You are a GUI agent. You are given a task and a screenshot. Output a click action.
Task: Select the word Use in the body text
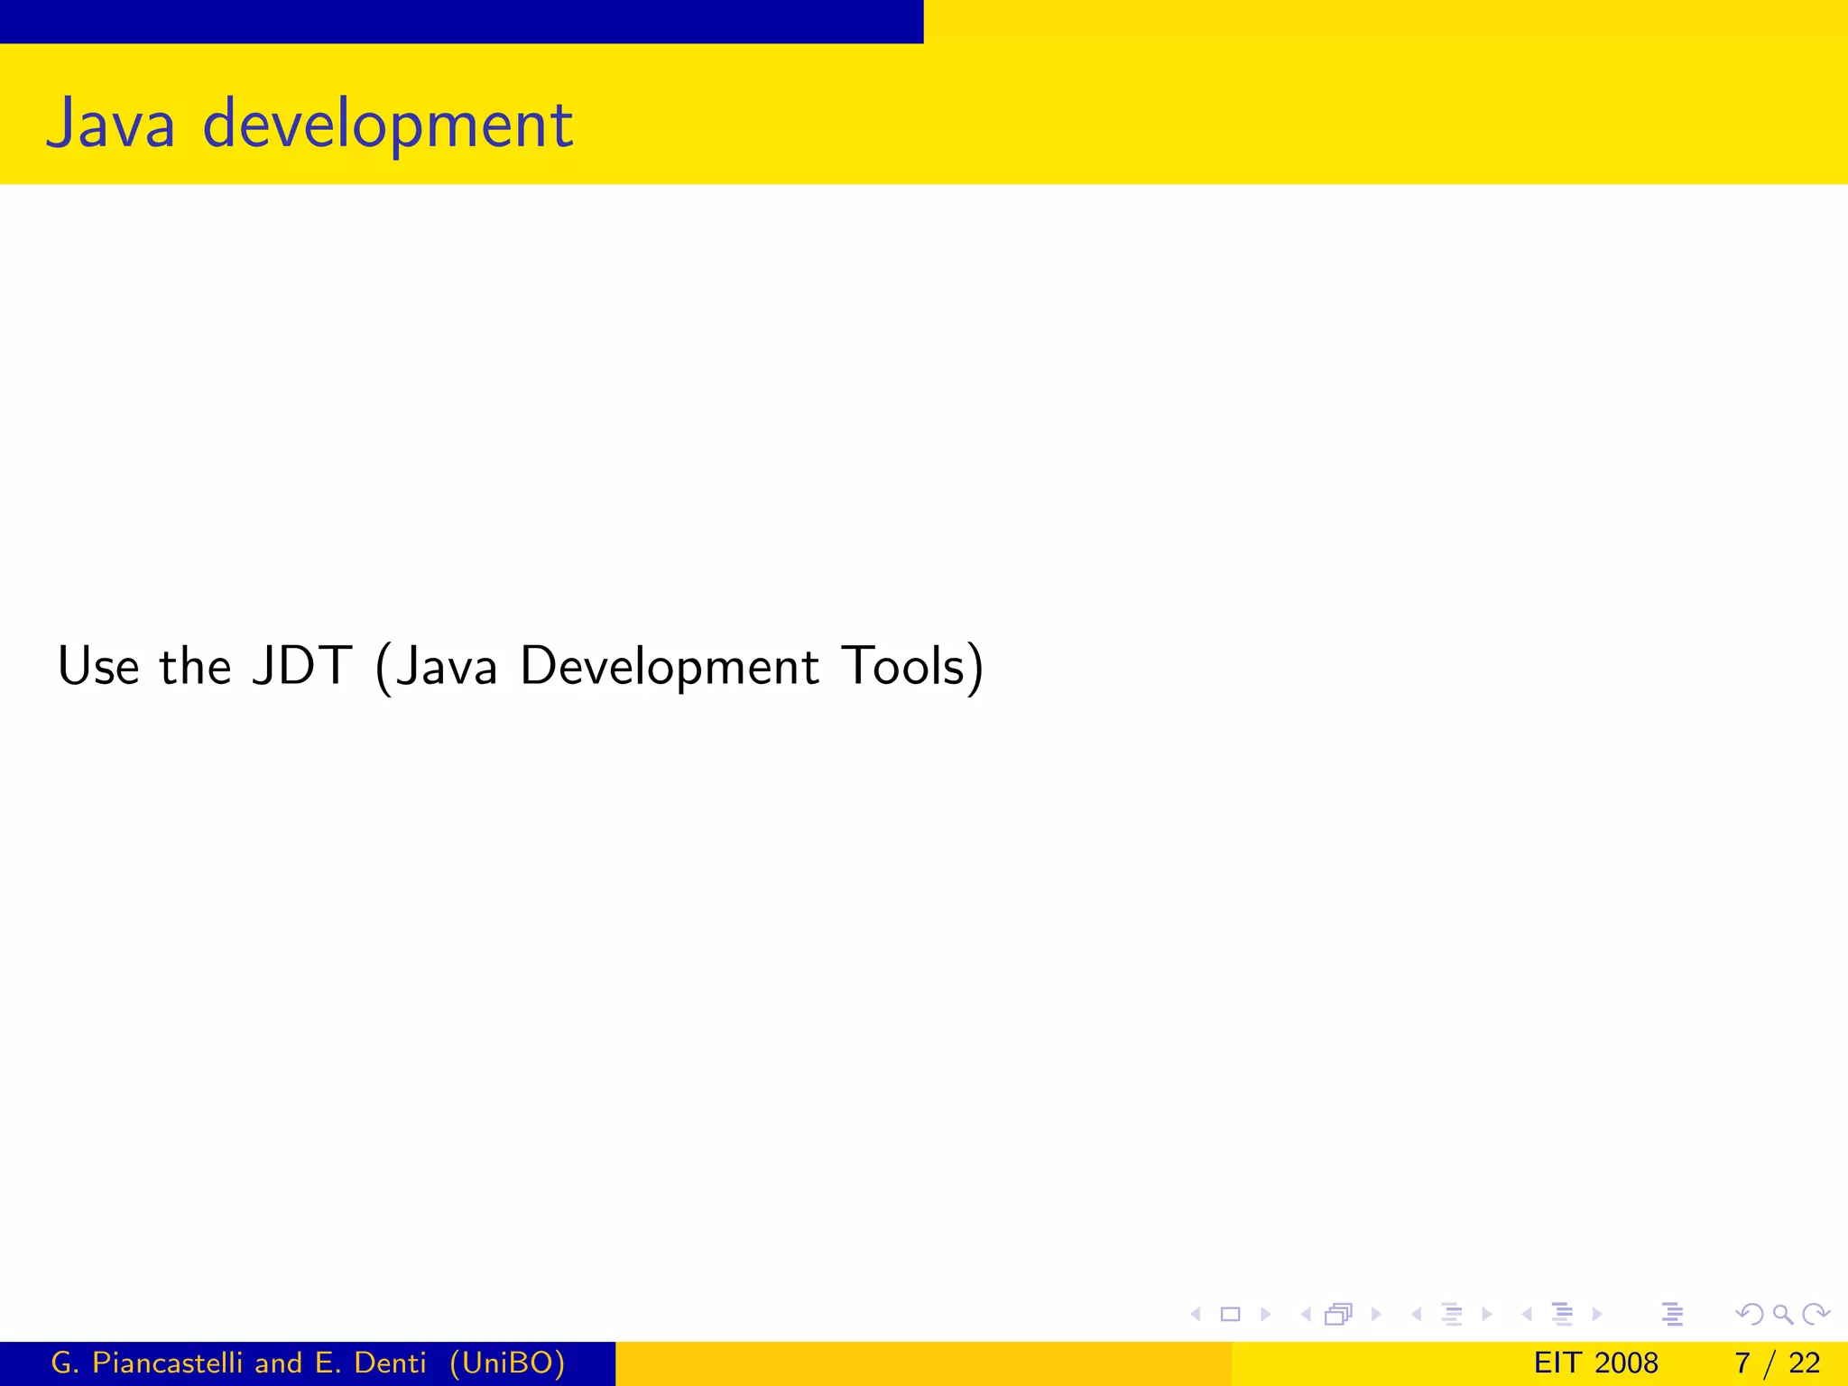click(97, 667)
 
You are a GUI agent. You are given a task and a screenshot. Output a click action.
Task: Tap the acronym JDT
click(302, 667)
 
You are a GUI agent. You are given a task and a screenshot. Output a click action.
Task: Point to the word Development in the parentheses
click(670, 669)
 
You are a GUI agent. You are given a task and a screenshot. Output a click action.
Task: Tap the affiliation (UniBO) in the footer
click(507, 1363)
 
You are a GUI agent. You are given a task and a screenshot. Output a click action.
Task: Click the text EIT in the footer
click(1555, 1363)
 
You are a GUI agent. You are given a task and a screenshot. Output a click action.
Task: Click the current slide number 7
click(1742, 1363)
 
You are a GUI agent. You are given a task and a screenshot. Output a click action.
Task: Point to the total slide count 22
click(1804, 1363)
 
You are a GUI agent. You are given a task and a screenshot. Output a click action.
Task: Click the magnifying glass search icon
click(1782, 1314)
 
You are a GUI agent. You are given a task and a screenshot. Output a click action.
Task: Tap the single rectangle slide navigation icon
click(1230, 1314)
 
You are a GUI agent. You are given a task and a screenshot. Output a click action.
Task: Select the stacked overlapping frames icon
click(1339, 1314)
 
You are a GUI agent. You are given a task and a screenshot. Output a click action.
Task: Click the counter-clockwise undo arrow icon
click(1750, 1314)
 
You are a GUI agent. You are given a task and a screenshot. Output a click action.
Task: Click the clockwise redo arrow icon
click(1816, 1314)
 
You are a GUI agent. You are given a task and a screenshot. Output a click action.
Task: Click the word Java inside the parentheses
click(447, 667)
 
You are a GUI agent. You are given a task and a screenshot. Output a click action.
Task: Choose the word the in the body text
click(195, 667)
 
